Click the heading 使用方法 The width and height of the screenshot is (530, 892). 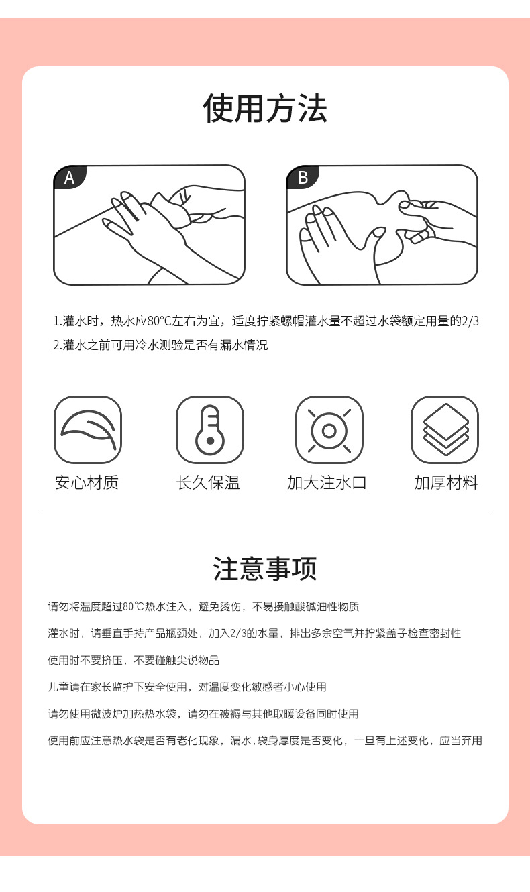265,109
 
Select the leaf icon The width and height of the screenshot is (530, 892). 88,430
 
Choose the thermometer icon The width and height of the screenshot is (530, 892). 209,430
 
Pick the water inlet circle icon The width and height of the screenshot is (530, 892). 329,430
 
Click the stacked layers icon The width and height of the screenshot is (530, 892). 445,430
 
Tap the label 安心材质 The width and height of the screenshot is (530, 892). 87,482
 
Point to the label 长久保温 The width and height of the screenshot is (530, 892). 208,482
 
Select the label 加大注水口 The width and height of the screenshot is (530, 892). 327,482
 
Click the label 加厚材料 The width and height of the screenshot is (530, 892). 446,482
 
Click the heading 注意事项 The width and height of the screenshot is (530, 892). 265,569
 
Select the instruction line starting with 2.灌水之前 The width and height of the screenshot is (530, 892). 160,345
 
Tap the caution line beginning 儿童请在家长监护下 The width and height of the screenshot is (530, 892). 187,687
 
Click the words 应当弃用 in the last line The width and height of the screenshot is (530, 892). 461,740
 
